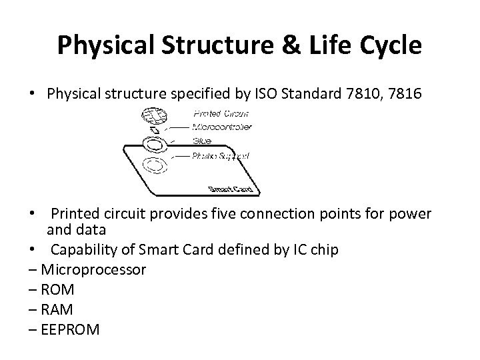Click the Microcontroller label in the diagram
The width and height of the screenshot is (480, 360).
(x=221, y=127)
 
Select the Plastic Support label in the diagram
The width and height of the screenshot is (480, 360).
(x=221, y=155)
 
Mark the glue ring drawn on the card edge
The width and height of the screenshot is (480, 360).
(x=155, y=144)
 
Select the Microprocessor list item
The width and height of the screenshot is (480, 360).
(x=93, y=269)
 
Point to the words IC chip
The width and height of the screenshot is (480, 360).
(x=316, y=249)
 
